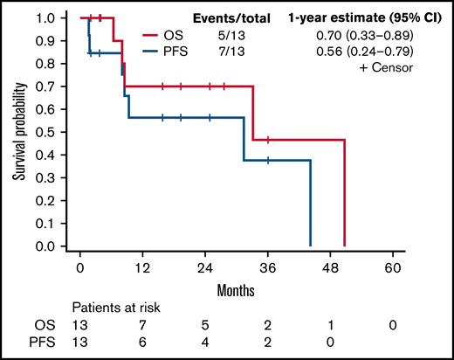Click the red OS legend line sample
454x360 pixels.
pyautogui.click(x=155, y=37)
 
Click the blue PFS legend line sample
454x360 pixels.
pyautogui.click(x=155, y=52)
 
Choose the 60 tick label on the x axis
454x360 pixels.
pyautogui.click(x=393, y=267)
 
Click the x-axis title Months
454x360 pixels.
pyautogui.click(x=237, y=287)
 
